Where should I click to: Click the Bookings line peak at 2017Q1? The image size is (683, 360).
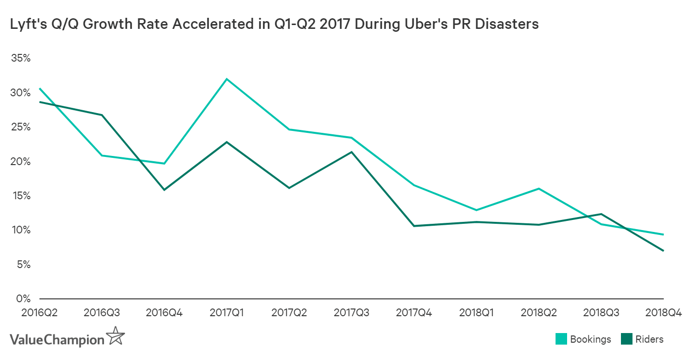[x=227, y=79]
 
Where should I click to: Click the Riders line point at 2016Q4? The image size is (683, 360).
[x=164, y=190]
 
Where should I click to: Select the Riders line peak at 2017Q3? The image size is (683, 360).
[x=351, y=152]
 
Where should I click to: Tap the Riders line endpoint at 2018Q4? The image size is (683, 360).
[x=663, y=251]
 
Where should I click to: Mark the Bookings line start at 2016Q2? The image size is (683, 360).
[x=40, y=89]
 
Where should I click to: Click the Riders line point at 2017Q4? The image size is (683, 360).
[x=414, y=226]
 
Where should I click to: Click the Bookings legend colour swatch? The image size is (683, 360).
[x=561, y=339]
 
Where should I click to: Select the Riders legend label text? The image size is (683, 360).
[x=649, y=339]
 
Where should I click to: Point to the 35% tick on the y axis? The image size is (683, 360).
[x=20, y=58]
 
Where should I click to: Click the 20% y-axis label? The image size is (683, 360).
[x=20, y=161]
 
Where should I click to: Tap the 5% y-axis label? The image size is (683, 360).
[x=23, y=264]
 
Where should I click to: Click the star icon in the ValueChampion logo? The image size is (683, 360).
[x=115, y=335]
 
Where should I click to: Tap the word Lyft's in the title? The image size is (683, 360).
[x=28, y=25]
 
